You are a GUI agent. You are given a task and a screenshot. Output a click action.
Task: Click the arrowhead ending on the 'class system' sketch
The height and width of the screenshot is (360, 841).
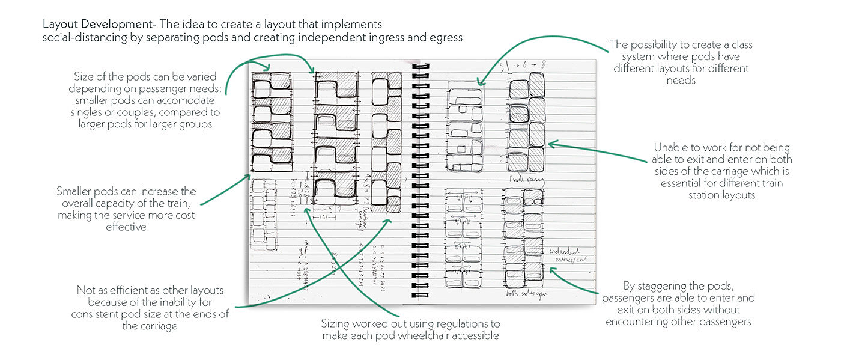(x=479, y=82)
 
